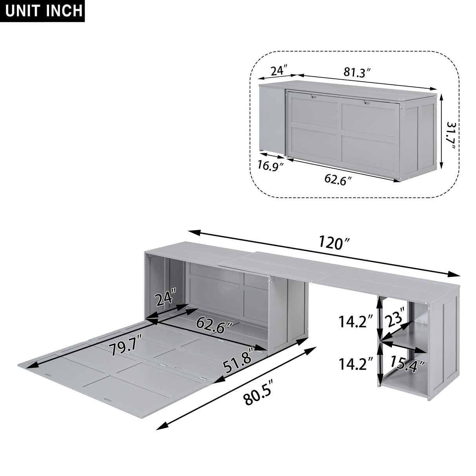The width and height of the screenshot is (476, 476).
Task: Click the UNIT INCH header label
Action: point(42,11)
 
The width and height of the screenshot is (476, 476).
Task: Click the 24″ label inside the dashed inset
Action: point(279,71)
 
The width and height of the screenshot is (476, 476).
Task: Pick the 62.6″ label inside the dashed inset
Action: point(338,179)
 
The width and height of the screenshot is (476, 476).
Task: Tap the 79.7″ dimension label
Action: point(123,347)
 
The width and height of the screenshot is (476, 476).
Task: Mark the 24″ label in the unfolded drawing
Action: point(165,299)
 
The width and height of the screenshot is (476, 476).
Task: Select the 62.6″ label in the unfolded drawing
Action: point(214,325)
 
